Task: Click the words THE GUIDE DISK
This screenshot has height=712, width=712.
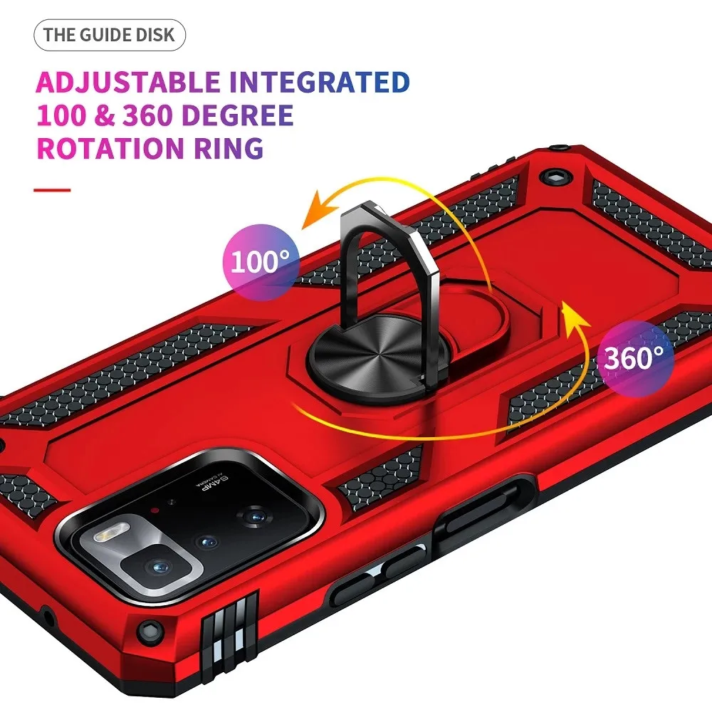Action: pos(109,36)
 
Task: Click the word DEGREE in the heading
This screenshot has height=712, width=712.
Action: pos(239,115)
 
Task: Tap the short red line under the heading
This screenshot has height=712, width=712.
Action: pos(53,189)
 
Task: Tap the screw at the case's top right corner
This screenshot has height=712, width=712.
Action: pos(552,174)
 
